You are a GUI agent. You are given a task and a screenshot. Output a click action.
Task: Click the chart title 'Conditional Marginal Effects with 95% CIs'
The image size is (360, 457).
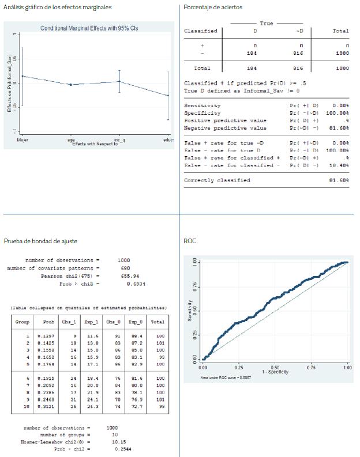89,28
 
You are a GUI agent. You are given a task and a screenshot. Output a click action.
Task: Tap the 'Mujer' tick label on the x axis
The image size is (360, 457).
21,140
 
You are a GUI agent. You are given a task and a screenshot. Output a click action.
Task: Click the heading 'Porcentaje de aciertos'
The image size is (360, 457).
213,7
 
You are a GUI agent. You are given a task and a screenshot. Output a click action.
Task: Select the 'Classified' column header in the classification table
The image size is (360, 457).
201,31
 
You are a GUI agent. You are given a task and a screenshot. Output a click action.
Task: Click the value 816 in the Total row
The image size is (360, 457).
298,68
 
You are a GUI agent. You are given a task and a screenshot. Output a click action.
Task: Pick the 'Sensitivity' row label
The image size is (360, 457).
202,106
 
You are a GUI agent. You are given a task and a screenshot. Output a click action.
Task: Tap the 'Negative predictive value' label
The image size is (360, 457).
225,128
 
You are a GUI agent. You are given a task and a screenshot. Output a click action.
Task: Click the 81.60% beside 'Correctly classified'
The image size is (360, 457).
338,180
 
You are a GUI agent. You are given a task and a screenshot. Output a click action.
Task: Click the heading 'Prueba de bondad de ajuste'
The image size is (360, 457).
40,241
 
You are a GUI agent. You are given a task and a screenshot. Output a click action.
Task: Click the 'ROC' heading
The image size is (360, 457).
189,241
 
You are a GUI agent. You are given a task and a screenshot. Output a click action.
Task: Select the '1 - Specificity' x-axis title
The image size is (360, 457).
275,372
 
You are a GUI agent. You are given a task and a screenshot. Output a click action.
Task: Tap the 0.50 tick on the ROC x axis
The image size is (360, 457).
275,367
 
